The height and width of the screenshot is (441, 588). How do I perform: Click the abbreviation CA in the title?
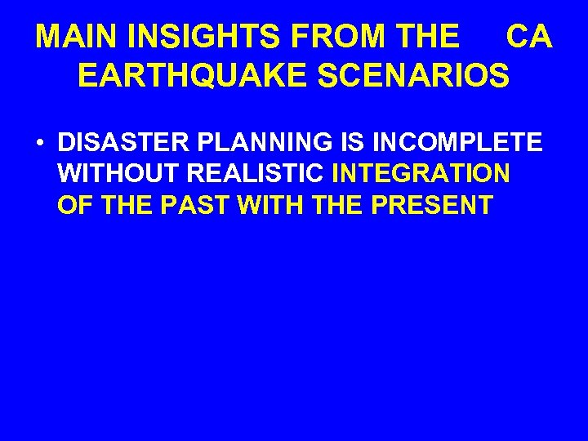pyautogui.click(x=529, y=37)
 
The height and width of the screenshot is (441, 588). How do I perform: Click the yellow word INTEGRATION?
pyautogui.click(x=421, y=174)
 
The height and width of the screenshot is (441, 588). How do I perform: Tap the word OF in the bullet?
pyautogui.click(x=72, y=205)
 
